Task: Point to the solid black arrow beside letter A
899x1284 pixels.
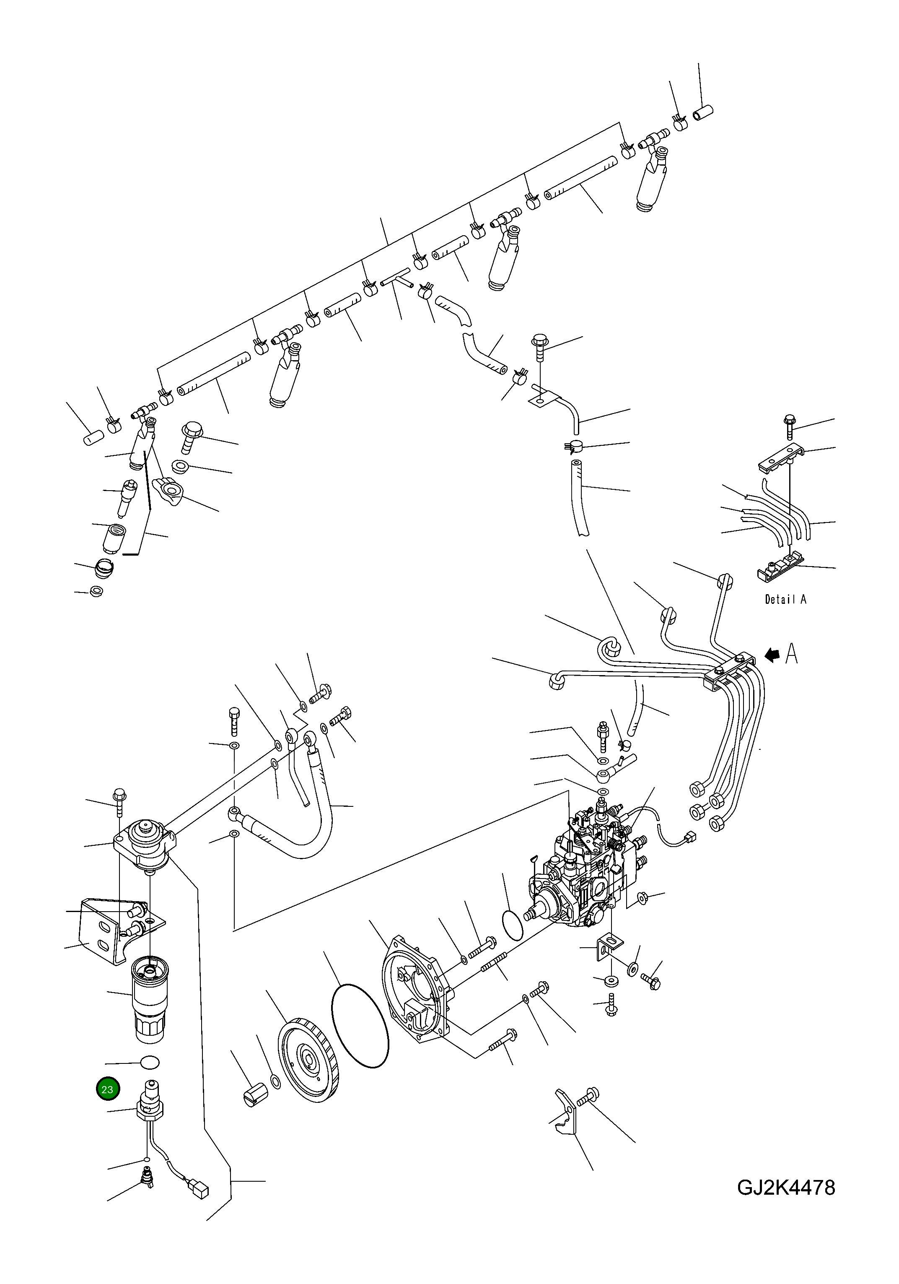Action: click(x=772, y=655)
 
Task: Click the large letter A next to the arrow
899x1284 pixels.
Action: click(x=791, y=654)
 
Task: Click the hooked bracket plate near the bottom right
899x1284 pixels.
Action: click(x=566, y=1112)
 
